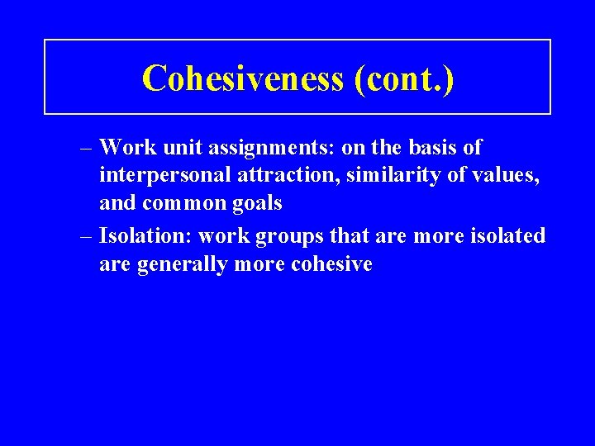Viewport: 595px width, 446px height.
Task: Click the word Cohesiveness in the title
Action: point(242,78)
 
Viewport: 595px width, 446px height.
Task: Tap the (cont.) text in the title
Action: point(403,78)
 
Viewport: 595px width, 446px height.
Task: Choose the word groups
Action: point(292,237)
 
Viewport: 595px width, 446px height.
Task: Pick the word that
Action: point(351,235)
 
